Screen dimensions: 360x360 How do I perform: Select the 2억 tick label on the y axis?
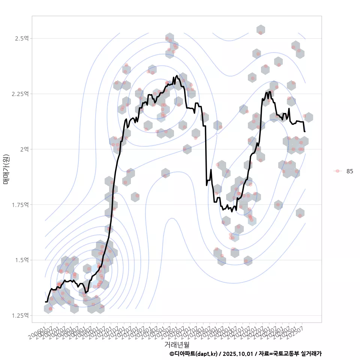24,149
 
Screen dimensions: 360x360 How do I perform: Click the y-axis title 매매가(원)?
6,169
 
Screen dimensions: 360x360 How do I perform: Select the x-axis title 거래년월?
177,344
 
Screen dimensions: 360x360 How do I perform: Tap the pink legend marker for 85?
337,171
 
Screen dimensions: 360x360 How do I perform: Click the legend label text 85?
349,171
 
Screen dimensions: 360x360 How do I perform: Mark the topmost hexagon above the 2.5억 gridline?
261,30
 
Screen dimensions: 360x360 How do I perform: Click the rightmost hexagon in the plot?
308,117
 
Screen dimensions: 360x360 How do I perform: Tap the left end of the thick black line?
45,301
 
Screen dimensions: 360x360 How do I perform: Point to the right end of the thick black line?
305,132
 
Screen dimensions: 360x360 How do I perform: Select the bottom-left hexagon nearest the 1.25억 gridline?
48,309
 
